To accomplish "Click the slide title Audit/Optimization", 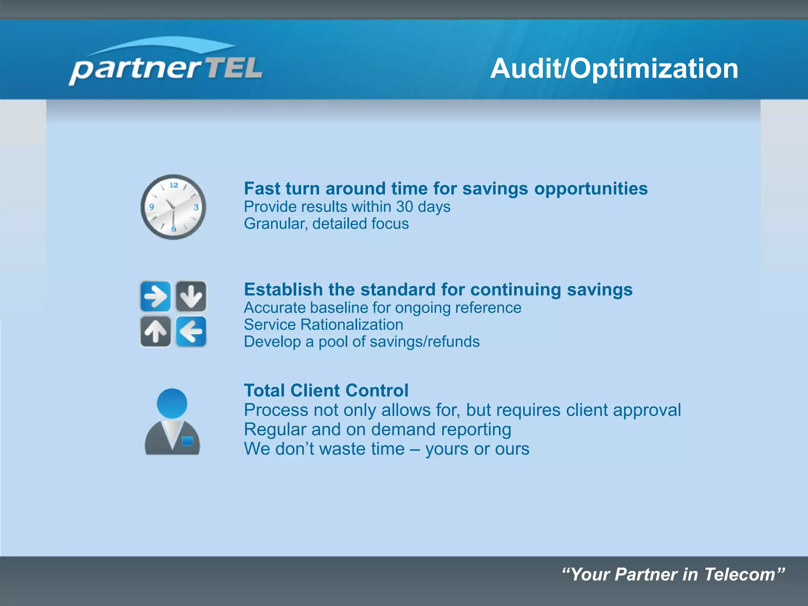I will (614, 69).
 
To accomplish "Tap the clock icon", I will (173, 207).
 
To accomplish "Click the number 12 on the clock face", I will (174, 185).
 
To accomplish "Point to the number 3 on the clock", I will (196, 207).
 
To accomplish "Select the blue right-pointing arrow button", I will (155, 296).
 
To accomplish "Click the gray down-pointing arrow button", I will (191, 296).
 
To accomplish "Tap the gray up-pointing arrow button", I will (155, 331).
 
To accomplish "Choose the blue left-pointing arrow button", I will (191, 331).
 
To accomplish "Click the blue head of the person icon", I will (172, 403).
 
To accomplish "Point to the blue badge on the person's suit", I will (187, 441).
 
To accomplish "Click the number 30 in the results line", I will (404, 207).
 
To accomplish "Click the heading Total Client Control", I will (326, 391).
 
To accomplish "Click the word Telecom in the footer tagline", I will (739, 574).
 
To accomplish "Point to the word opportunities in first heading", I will (591, 189).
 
